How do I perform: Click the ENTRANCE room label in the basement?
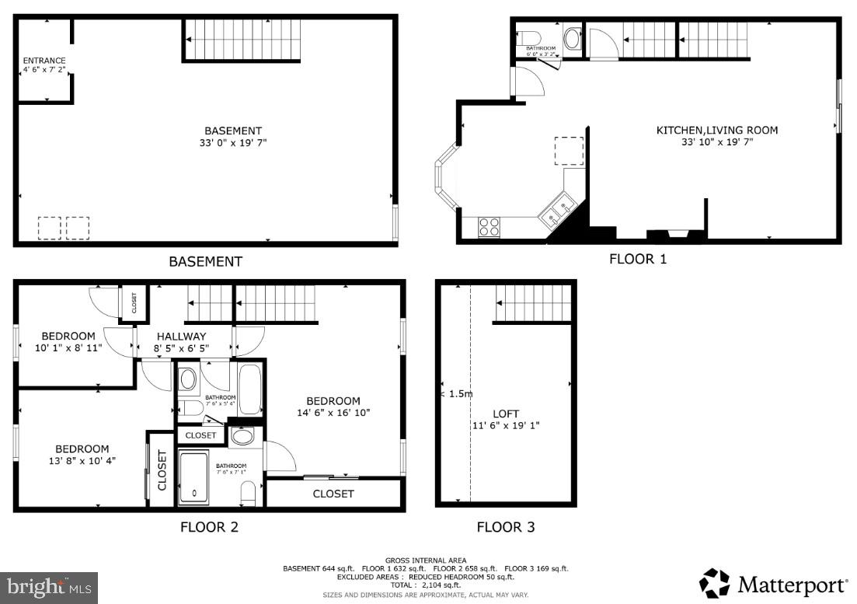[x=44, y=61]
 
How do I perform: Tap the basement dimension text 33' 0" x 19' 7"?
[x=232, y=143]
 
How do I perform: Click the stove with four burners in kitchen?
[x=489, y=227]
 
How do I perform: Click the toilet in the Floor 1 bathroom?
[x=530, y=37]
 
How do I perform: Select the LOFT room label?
[x=505, y=414]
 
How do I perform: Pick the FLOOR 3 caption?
[x=505, y=527]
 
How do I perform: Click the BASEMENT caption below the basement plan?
[x=205, y=262]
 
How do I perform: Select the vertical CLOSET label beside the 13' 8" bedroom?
[x=162, y=470]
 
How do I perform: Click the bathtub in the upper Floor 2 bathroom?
[x=250, y=389]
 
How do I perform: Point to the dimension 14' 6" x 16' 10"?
[x=333, y=414]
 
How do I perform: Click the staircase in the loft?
[x=535, y=302]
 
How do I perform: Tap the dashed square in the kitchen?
[x=569, y=151]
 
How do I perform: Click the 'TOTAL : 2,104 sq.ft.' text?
[x=425, y=585]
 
